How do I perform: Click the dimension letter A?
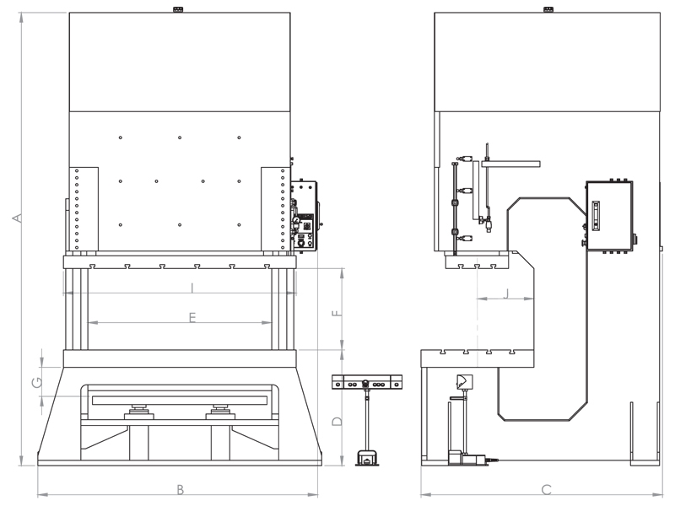[17, 218]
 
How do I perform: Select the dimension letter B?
[181, 489]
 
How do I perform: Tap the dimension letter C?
[546, 489]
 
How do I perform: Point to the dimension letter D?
[337, 421]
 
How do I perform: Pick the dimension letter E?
[192, 318]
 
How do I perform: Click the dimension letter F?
[337, 313]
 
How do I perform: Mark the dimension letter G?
[37, 382]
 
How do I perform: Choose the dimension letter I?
[192, 288]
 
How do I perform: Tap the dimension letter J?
[506, 293]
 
